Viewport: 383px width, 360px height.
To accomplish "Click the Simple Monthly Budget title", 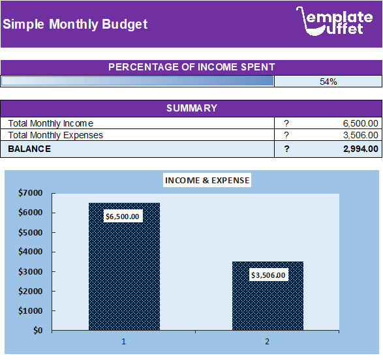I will point(75,25).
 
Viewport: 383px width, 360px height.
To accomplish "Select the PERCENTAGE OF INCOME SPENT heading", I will point(191,67).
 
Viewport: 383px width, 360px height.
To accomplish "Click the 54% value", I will point(328,82).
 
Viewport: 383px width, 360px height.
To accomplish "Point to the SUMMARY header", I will point(191,108).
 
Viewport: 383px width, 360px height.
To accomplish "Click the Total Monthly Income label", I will point(50,123).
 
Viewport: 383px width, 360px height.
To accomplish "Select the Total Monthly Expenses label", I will point(55,136).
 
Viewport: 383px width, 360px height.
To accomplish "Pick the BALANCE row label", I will point(29,149).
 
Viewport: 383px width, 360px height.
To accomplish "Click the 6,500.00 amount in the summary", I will point(360,123).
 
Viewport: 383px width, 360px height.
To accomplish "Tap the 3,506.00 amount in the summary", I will point(360,136).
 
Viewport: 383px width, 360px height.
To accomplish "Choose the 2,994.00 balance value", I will point(360,149).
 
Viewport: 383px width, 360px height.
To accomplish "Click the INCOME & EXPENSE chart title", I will point(207,180).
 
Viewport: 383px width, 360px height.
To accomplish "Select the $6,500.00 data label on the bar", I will point(123,216).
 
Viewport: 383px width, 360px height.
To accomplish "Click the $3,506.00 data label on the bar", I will point(268,275).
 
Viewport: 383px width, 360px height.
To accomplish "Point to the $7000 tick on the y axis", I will point(30,193).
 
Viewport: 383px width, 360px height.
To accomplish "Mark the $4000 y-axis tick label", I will point(30,252).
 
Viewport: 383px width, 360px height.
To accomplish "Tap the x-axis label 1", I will point(123,342).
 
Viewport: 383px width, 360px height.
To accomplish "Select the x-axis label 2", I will point(267,342).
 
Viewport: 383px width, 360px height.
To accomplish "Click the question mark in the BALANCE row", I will point(286,149).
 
